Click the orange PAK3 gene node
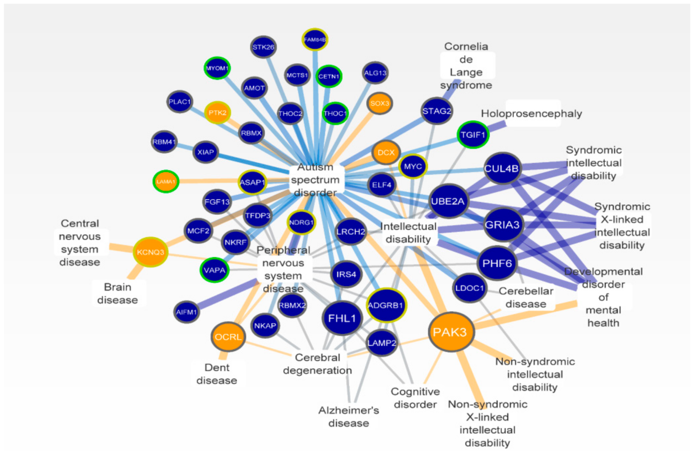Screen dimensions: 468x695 (x=451, y=332)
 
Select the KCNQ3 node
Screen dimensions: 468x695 (x=150, y=252)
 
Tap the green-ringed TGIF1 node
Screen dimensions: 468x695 (x=473, y=135)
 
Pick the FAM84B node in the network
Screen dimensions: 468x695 (x=315, y=39)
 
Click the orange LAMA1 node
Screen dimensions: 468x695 (x=166, y=181)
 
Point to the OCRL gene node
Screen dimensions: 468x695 (x=228, y=337)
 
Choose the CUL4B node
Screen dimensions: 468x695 (x=502, y=169)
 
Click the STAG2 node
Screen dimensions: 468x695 (x=437, y=111)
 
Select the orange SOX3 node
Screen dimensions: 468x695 (x=379, y=103)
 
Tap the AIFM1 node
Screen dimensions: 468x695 (x=187, y=312)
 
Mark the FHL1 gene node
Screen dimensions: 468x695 (x=342, y=318)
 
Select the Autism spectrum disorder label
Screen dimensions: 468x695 (x=316, y=180)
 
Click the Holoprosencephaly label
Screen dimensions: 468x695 (x=532, y=114)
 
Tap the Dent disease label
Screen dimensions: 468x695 (x=217, y=374)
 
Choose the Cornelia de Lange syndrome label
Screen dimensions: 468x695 (x=466, y=66)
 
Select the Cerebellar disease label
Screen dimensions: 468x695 (x=526, y=297)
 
